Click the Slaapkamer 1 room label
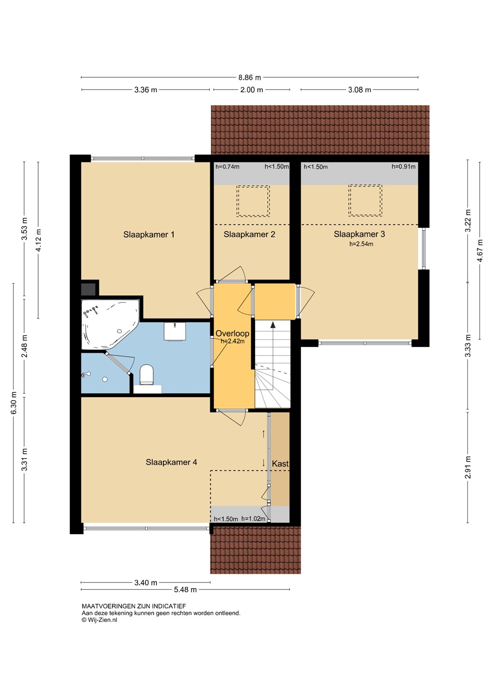pyautogui.click(x=149, y=234)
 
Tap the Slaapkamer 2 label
pyautogui.click(x=249, y=234)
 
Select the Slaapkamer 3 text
pyautogui.click(x=359, y=234)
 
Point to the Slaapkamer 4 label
pyautogui.click(x=171, y=462)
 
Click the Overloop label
pyautogui.click(x=232, y=333)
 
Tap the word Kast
pyautogui.click(x=280, y=464)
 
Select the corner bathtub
pyautogui.click(x=110, y=324)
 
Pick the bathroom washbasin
pyautogui.click(x=175, y=331)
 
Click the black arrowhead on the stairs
pyautogui.click(x=273, y=325)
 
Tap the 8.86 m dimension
pyautogui.click(x=250, y=77)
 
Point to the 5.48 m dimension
pyautogui.click(x=185, y=590)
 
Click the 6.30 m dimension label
pyautogui.click(x=14, y=403)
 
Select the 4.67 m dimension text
pyautogui.click(x=480, y=250)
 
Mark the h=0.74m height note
pyautogui.click(x=227, y=167)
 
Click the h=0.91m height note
pyautogui.click(x=403, y=167)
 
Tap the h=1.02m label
pyautogui.click(x=253, y=519)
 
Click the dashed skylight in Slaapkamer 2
pyautogui.click(x=253, y=201)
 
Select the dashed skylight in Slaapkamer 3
pyautogui.click(x=365, y=201)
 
